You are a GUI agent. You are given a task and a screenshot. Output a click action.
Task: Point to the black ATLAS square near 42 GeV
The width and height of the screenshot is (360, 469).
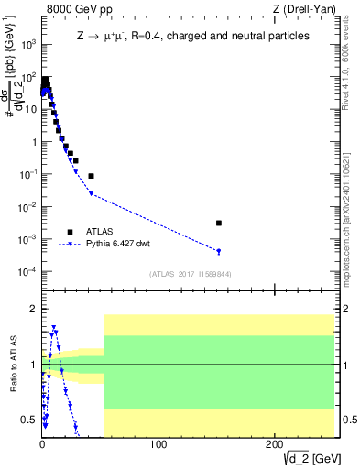coord(91,175)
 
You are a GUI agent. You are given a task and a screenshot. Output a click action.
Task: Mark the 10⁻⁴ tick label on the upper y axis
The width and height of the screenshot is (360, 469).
coord(27,272)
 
